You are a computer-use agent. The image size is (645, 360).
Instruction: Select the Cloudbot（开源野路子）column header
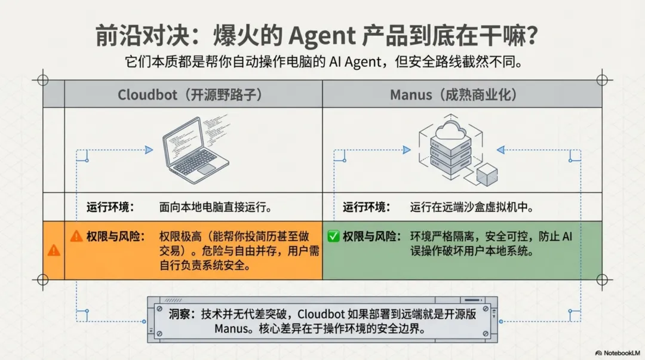(190, 94)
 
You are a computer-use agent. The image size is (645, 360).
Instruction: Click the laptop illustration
(194, 149)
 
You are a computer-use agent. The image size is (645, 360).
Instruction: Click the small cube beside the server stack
(487, 174)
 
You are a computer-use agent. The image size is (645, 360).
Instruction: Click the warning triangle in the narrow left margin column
(54, 250)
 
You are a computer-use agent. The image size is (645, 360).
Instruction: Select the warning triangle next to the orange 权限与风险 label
(76, 236)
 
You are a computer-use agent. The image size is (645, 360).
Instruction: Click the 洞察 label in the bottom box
(180, 315)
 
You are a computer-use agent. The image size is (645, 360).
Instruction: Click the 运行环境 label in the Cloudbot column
(110, 208)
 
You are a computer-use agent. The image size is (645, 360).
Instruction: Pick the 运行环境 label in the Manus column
(366, 208)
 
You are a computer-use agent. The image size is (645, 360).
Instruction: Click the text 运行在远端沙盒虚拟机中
(471, 208)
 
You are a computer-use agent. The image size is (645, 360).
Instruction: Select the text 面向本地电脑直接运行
(216, 208)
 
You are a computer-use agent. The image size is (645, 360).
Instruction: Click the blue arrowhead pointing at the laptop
(149, 150)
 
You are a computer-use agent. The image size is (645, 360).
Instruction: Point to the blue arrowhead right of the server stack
(500, 150)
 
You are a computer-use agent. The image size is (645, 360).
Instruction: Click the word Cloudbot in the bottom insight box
(323, 315)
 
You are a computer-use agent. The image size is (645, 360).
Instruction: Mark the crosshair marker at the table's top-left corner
(42, 80)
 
